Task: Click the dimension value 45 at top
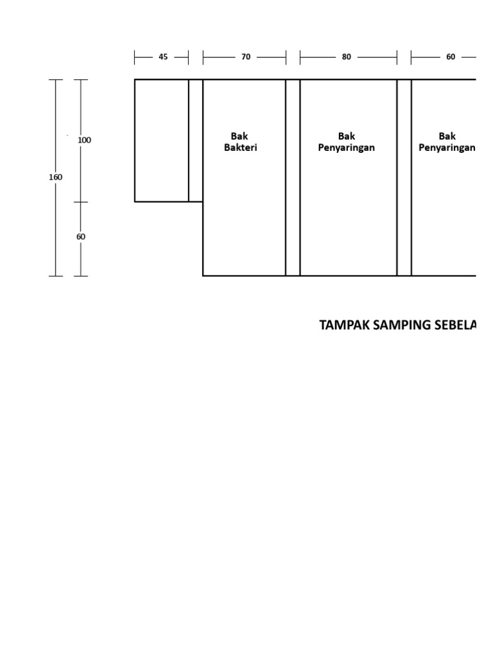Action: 163,57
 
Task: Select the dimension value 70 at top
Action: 245,57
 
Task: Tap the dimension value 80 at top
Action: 347,57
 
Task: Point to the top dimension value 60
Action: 451,57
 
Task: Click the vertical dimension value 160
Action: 56,177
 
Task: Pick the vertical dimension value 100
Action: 84,140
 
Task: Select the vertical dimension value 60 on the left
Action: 81,237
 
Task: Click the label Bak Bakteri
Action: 240,142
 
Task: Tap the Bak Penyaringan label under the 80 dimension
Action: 347,142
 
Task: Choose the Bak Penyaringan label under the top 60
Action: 447,142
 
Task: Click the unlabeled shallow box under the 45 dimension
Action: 161,141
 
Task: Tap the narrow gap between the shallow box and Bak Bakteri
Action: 196,141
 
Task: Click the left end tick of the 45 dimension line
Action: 135,58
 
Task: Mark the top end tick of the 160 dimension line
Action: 56,80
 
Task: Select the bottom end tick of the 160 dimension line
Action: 56,276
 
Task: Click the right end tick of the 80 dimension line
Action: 397,58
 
